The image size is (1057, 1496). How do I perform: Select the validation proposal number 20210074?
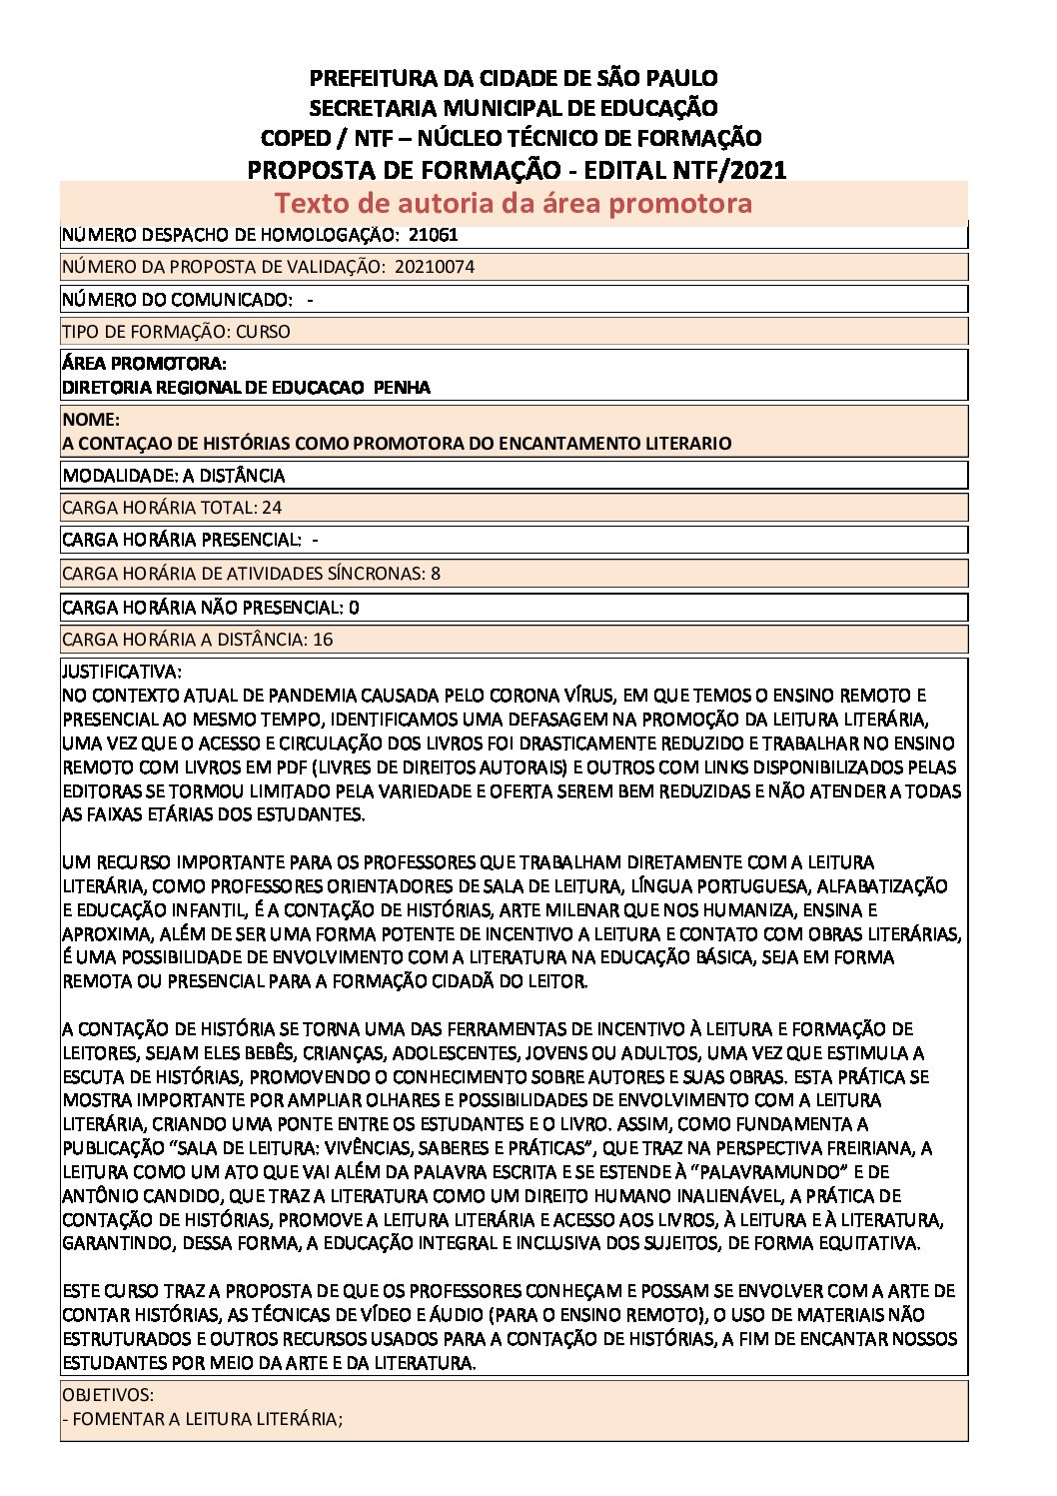435,267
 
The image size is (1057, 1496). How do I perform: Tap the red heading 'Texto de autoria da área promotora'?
513,203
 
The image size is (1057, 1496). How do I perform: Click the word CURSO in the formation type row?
263,332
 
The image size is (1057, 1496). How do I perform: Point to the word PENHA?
402,388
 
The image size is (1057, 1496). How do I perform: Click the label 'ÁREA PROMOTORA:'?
144,364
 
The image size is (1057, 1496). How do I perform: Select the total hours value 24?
272,508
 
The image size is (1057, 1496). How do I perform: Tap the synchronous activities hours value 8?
436,574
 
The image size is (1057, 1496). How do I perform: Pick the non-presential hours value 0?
355,608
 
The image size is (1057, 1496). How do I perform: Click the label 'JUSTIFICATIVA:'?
122,672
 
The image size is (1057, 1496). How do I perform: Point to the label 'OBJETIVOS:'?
108,1395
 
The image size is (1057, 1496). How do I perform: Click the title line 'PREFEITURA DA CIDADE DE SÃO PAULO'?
514,78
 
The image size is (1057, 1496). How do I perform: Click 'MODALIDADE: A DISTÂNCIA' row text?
174,476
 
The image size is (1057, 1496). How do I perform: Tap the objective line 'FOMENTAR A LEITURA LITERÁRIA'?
205,1419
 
